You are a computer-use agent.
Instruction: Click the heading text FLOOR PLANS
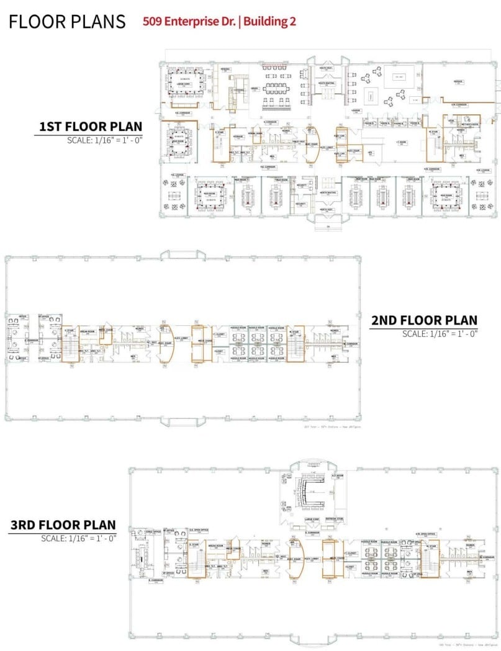pyautogui.click(x=67, y=22)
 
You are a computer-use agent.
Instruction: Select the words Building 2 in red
pyautogui.click(x=270, y=21)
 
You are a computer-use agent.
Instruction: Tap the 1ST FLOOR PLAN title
pyautogui.click(x=91, y=127)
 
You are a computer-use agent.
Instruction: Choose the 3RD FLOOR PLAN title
pyautogui.click(x=63, y=525)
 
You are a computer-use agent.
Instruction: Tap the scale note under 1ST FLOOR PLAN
pyautogui.click(x=105, y=140)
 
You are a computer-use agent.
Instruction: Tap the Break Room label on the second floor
pyautogui.click(x=87, y=331)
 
